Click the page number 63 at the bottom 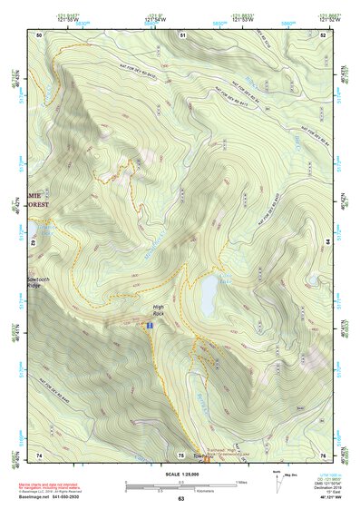[180, 499]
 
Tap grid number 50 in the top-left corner [39, 34]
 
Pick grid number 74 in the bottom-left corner [39, 455]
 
